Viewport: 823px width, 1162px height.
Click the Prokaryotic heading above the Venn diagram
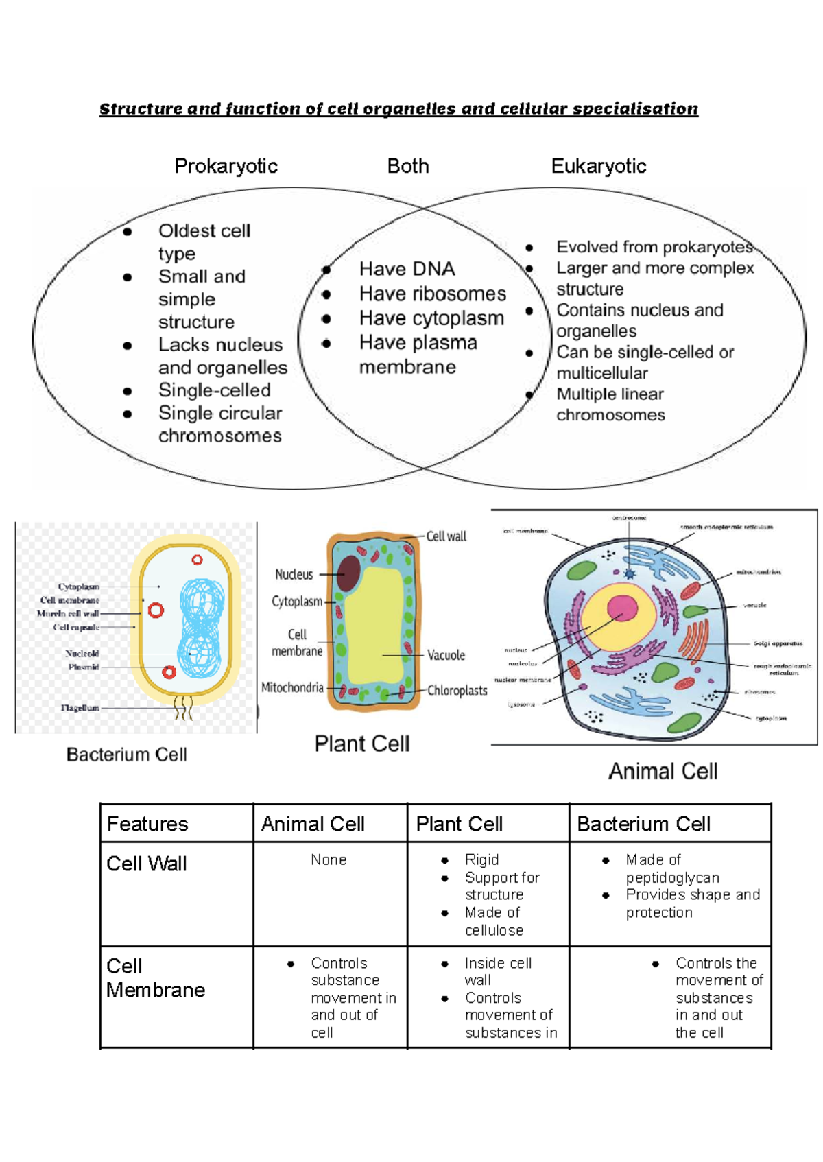point(226,166)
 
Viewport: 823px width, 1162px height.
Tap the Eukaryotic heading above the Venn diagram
point(599,166)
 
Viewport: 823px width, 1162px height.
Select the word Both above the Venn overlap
point(408,166)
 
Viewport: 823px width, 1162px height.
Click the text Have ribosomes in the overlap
point(432,294)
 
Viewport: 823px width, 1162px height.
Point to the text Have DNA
point(407,269)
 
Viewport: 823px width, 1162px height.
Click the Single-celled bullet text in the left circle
point(214,390)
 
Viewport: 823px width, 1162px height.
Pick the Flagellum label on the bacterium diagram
point(80,707)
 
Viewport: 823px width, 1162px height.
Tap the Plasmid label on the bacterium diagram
point(84,667)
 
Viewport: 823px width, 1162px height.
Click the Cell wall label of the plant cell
point(446,536)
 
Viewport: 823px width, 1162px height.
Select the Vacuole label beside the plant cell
point(446,655)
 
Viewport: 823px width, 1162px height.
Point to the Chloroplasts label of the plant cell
point(457,691)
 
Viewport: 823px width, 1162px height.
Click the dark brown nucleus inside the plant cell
point(349,573)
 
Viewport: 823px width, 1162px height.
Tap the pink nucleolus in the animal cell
point(622,608)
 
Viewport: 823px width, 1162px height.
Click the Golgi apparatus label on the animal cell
point(778,643)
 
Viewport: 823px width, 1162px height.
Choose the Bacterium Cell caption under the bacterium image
point(126,755)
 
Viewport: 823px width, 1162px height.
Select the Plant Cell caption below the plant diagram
point(361,744)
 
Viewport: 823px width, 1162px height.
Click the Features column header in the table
point(147,824)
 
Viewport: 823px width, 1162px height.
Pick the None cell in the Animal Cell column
point(329,859)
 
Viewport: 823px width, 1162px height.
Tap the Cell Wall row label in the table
point(146,864)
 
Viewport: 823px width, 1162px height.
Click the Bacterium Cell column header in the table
point(643,824)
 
